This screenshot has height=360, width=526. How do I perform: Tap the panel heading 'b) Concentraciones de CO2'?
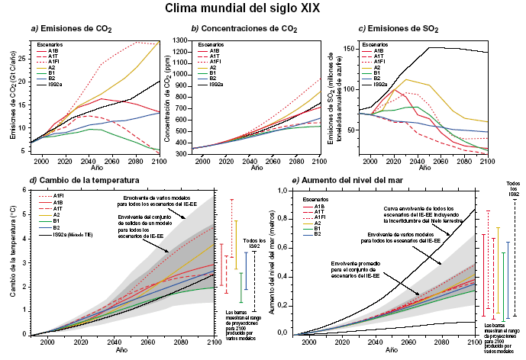[x=244, y=29]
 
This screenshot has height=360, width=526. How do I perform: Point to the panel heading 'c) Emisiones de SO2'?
[x=399, y=29]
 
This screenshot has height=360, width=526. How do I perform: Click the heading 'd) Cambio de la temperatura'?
[x=70, y=180]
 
